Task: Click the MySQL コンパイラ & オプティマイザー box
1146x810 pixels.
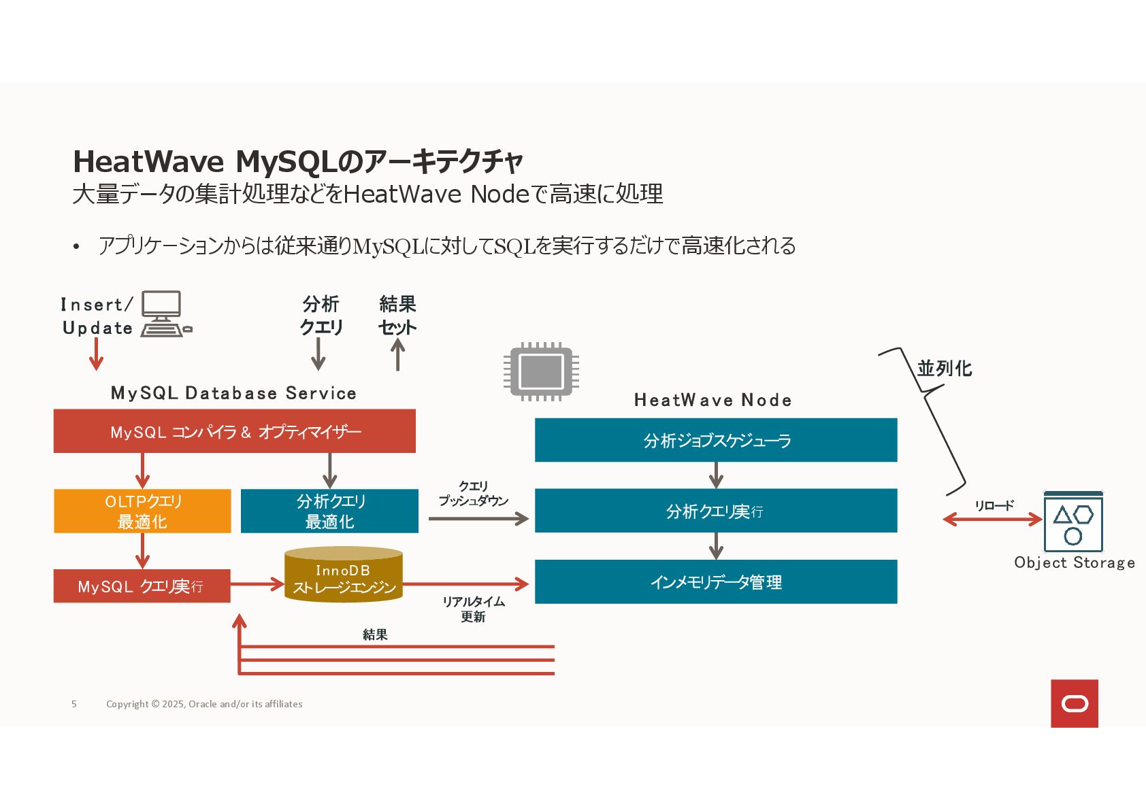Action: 234,431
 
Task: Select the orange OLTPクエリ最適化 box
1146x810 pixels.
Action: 142,511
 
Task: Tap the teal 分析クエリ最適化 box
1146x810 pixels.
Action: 329,511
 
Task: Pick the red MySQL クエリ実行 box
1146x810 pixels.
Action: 142,586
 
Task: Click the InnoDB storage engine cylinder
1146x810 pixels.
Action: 344,575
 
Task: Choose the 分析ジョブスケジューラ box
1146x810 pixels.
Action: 716,440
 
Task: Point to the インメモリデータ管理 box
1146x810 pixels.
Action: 716,582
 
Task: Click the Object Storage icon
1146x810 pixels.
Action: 1073,522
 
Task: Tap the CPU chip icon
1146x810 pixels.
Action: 541,371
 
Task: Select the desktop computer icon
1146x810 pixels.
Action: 164,314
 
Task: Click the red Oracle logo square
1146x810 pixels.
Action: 1074,703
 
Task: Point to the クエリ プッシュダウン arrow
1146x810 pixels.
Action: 478,519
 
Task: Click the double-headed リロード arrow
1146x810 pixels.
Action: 992,520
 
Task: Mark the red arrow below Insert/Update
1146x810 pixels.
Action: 97,354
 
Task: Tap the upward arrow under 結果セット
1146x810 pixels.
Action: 398,355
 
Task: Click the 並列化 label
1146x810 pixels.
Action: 944,369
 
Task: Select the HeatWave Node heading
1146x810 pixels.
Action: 713,400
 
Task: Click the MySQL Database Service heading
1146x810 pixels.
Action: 233,393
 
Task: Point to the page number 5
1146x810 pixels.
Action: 74,704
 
